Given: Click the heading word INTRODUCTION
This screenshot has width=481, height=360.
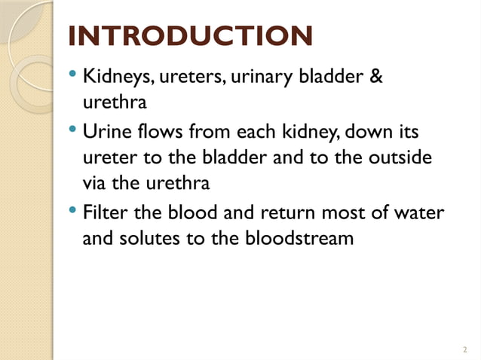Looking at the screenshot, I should [189, 37].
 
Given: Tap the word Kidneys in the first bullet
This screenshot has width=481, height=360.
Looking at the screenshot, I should [114, 77].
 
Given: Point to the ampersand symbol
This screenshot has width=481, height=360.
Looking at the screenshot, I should [378, 77].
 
